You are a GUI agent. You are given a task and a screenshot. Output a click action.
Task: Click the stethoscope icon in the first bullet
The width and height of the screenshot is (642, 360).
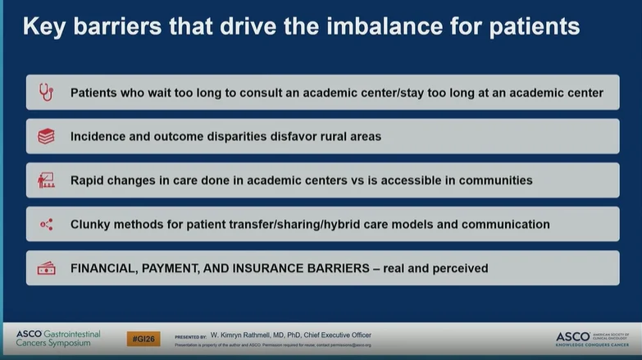click(46, 93)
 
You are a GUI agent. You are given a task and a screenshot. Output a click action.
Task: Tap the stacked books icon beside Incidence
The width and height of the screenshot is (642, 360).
click(46, 136)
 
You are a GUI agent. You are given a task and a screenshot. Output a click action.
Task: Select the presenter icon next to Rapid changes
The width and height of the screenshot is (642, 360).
click(46, 180)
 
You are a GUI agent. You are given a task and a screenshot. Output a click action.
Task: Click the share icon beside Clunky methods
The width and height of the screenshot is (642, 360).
click(46, 224)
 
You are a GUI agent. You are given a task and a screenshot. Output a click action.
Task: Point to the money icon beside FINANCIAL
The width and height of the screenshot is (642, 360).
click(46, 268)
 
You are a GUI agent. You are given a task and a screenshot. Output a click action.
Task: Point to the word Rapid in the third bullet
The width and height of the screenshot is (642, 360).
click(89, 180)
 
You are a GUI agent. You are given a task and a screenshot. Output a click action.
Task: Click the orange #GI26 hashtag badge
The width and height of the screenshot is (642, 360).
click(143, 338)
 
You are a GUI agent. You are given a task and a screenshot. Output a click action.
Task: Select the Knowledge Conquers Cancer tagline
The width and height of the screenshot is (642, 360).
click(590, 345)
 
